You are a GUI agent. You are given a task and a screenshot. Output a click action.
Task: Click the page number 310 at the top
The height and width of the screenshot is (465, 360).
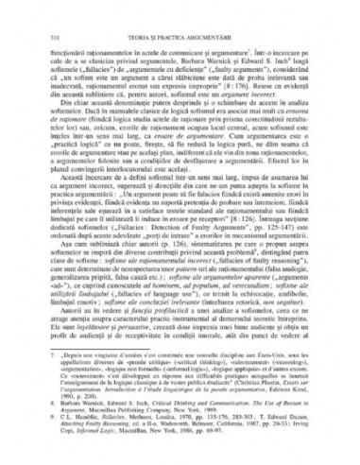(32, 11)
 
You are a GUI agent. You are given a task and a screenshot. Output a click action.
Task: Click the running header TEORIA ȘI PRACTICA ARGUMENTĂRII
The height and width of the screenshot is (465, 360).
(179, 11)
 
